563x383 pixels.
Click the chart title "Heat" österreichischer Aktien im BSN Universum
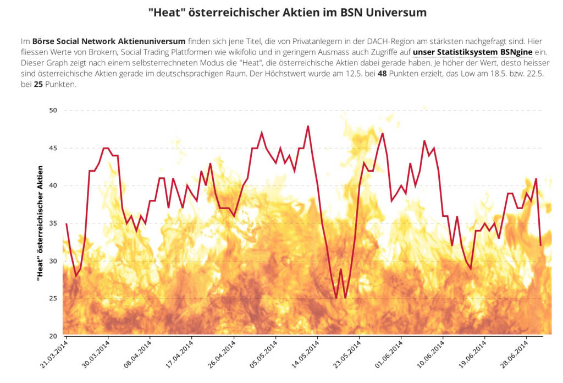[287, 12]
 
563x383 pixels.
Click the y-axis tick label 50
[53, 111]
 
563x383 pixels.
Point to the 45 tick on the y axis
[53, 148]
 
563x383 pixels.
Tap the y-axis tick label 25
[53, 299]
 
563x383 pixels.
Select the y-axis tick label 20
[53, 336]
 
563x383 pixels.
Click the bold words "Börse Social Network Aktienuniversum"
[109, 41]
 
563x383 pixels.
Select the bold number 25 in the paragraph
[38, 85]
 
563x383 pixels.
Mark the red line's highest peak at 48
[308, 126]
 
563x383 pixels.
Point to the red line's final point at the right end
[541, 245]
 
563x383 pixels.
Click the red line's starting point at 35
[67, 223]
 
